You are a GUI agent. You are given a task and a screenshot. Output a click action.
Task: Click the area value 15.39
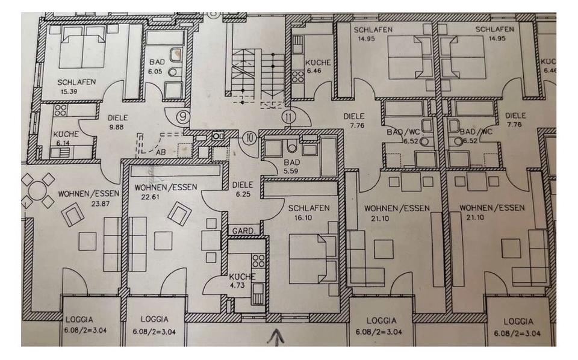(x=70, y=92)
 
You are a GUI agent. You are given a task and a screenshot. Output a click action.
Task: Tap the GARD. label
(x=244, y=230)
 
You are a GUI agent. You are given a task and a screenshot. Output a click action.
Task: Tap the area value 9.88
(x=115, y=128)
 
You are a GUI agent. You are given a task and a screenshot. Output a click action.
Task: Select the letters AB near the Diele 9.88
(x=160, y=152)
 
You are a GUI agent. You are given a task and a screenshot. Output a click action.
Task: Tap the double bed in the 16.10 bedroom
(x=314, y=259)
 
